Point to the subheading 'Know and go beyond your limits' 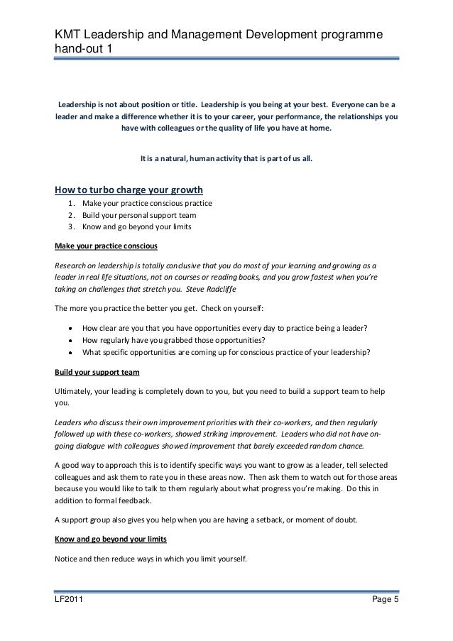[110, 539]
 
